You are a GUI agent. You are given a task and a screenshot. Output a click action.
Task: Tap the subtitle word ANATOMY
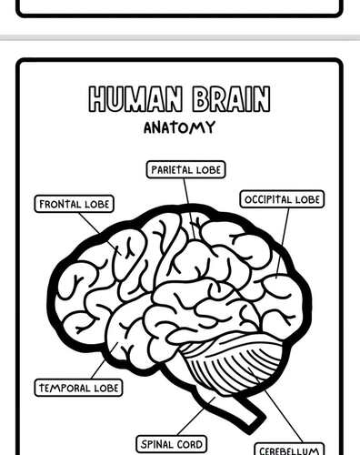point(179,127)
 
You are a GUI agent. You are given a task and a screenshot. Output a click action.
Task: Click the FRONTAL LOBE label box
point(75,204)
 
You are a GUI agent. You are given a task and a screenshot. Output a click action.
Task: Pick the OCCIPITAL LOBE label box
point(283,199)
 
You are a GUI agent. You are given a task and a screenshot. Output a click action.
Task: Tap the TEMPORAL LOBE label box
point(78,388)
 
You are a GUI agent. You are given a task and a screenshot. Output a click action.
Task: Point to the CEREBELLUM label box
point(289,450)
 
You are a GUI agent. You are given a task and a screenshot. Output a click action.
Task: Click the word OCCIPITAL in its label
point(268,199)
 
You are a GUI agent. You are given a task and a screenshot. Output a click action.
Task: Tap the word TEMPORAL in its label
point(64,388)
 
